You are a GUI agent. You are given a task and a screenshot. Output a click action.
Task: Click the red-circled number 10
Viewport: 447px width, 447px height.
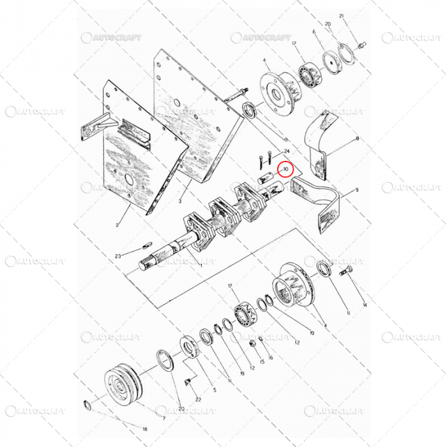pyautogui.click(x=285, y=170)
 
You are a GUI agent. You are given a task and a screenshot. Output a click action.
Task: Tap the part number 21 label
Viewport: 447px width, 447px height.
pyautogui.click(x=342, y=16)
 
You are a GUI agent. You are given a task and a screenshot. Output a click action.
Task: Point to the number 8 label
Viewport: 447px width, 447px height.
pyautogui.click(x=357, y=138)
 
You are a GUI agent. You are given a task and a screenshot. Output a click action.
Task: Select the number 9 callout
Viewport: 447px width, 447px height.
pyautogui.click(x=356, y=190)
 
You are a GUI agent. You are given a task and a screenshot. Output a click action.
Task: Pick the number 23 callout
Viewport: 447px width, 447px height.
pyautogui.click(x=117, y=256)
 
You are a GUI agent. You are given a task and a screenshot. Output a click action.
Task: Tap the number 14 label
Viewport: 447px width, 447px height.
pyautogui.click(x=365, y=305)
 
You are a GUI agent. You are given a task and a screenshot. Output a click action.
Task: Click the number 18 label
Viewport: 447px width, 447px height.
pyautogui.click(x=145, y=429)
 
